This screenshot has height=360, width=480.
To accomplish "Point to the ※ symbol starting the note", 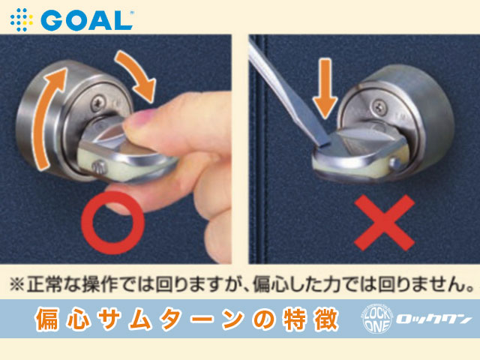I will [16, 285].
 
